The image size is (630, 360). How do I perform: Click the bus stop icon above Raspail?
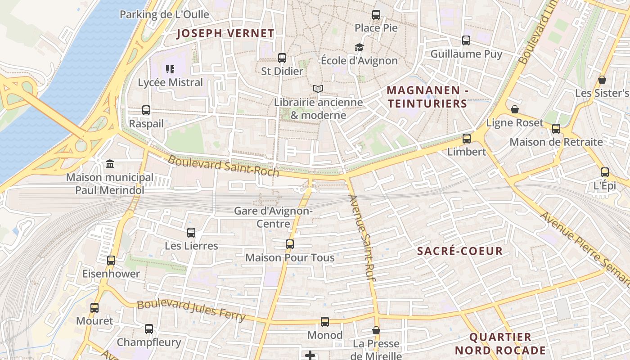click(x=146, y=110)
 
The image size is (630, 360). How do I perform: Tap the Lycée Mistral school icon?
click(x=170, y=69)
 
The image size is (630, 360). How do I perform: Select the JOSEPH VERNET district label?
click(x=225, y=33)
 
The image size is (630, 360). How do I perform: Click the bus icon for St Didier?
click(x=282, y=58)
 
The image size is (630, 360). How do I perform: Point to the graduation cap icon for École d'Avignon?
click(x=359, y=47)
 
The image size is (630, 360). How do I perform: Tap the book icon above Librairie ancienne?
click(x=318, y=89)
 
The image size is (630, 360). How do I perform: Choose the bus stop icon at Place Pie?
click(x=376, y=15)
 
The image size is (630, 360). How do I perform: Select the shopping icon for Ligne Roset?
click(x=515, y=110)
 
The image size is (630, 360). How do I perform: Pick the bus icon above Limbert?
click(x=467, y=139)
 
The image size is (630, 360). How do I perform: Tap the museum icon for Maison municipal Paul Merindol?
click(x=110, y=164)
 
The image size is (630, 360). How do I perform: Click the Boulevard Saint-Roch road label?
click(x=224, y=166)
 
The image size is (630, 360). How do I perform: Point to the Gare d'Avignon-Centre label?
click(x=273, y=217)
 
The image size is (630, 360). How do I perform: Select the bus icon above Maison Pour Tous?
click(x=290, y=244)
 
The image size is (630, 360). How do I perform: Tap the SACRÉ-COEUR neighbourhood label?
click(x=459, y=251)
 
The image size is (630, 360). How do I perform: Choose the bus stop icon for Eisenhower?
click(x=111, y=261)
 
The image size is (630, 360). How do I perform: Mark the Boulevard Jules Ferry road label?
click(x=191, y=310)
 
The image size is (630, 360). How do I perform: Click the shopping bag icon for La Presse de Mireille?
click(x=376, y=331)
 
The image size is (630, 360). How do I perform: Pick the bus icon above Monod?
click(x=325, y=322)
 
